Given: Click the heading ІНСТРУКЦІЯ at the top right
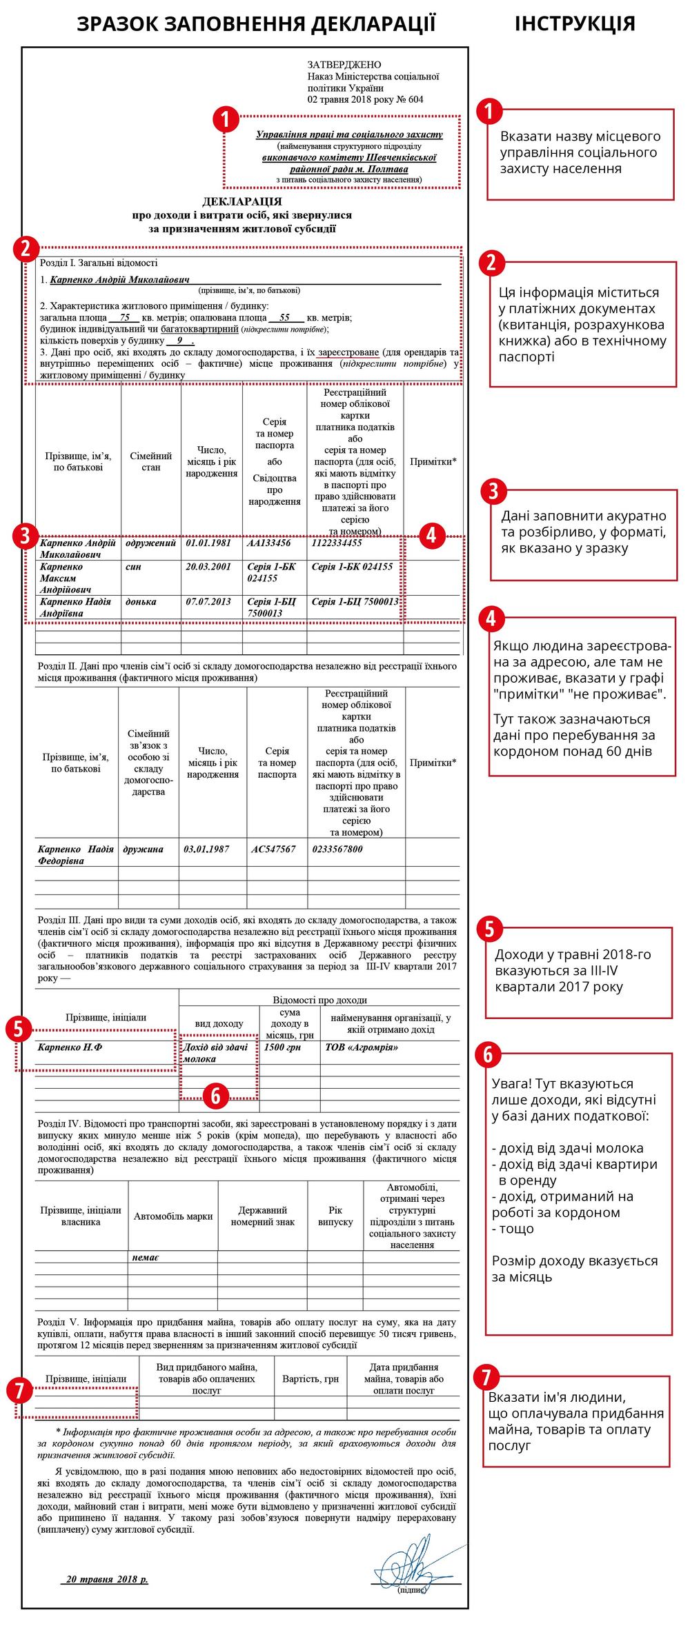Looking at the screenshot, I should (574, 23).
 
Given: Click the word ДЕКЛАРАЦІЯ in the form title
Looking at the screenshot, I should (242, 201).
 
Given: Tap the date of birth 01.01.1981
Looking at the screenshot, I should (208, 543).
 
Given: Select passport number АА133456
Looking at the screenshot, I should (269, 543).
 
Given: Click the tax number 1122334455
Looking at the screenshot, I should (337, 543).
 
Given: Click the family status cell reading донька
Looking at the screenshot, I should (141, 601).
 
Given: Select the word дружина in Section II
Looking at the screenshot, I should (144, 849).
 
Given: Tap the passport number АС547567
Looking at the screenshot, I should (273, 849).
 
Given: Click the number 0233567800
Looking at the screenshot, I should (337, 849).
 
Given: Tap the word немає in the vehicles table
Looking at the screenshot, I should (146, 1257).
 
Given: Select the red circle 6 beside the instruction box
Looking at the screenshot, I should (488, 1054).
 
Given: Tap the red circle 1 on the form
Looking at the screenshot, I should (226, 119).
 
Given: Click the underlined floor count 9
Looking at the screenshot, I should (180, 340).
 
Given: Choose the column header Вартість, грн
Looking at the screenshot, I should (310, 1378).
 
